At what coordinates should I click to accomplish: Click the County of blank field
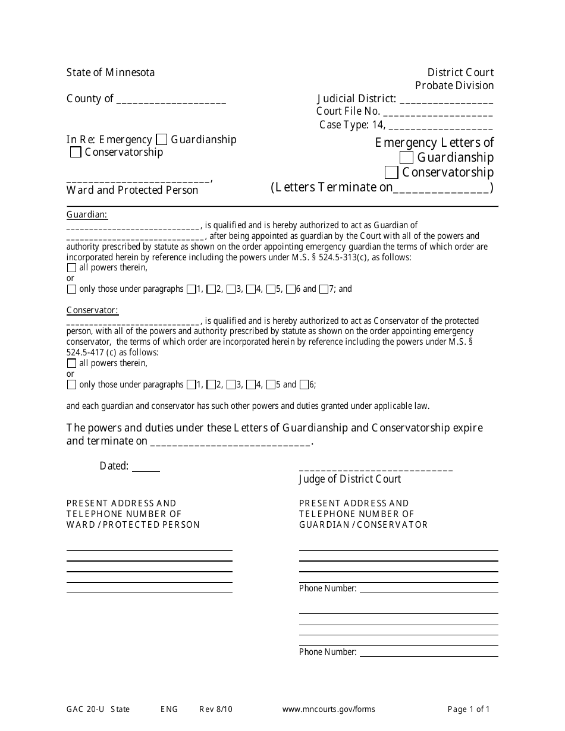click(x=171, y=100)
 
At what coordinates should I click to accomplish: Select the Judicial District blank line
click(x=446, y=100)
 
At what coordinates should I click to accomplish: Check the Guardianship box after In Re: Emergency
click(x=161, y=140)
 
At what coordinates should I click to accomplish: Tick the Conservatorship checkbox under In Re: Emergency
click(x=76, y=153)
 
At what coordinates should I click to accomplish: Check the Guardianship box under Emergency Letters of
click(x=407, y=158)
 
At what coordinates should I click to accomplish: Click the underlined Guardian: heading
click(x=87, y=215)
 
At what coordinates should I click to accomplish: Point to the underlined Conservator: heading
click(x=92, y=310)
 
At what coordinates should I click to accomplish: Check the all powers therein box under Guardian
click(x=72, y=268)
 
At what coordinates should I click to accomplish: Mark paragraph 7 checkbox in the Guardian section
click(x=324, y=289)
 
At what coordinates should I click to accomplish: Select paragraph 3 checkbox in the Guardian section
click(x=231, y=289)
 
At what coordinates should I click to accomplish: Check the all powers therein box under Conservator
click(x=72, y=364)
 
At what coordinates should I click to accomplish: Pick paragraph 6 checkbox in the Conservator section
click(x=305, y=385)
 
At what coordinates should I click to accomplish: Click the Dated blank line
click(x=146, y=467)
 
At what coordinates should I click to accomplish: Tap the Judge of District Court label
click(x=350, y=479)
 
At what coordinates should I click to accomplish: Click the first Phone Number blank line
click(x=428, y=589)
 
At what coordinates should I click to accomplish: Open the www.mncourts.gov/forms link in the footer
click(x=328, y=709)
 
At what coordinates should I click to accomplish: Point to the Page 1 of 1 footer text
click(x=469, y=709)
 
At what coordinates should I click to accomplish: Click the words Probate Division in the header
click(x=454, y=86)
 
